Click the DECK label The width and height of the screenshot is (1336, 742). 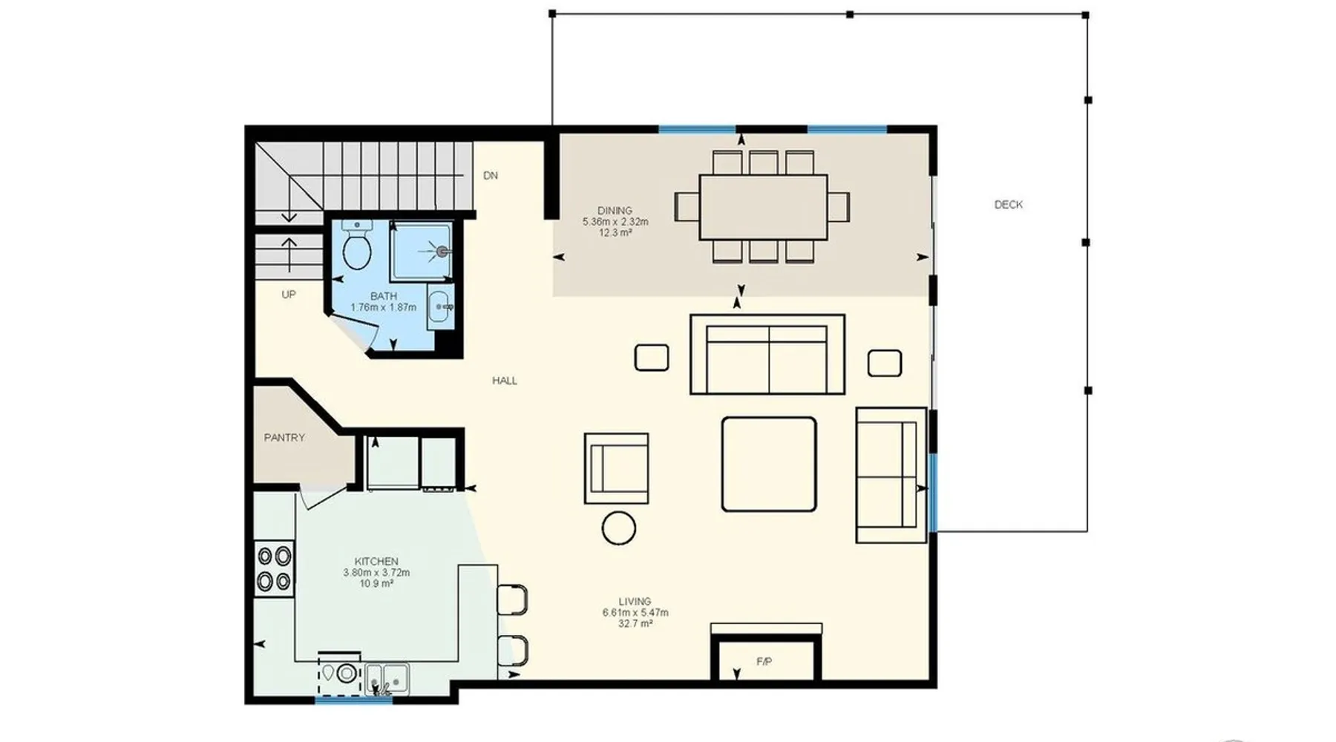(1008, 204)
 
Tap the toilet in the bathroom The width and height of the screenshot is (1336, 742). (357, 244)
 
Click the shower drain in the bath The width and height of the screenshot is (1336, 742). (442, 252)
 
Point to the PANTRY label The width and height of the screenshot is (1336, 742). (284, 438)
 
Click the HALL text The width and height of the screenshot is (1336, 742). (505, 381)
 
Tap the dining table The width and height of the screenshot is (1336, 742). (763, 207)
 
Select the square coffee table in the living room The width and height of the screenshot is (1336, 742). (769, 464)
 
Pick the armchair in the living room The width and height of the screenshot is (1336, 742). (616, 468)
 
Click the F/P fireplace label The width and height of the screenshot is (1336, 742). (764, 661)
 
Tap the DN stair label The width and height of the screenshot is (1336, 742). (490, 176)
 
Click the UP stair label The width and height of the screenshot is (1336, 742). (289, 295)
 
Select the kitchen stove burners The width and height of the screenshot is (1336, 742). (274, 568)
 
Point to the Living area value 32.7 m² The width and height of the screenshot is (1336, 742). (635, 624)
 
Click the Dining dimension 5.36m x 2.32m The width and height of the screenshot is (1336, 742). (615, 222)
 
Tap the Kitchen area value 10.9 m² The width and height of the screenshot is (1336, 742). (376, 583)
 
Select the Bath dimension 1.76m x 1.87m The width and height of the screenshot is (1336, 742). (383, 307)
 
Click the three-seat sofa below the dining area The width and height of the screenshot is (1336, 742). (767, 355)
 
